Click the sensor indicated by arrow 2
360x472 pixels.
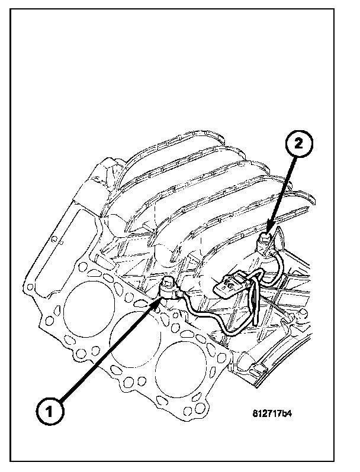pos(266,238)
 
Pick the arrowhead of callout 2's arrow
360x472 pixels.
pos(271,231)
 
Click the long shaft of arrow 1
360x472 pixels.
pos(107,355)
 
